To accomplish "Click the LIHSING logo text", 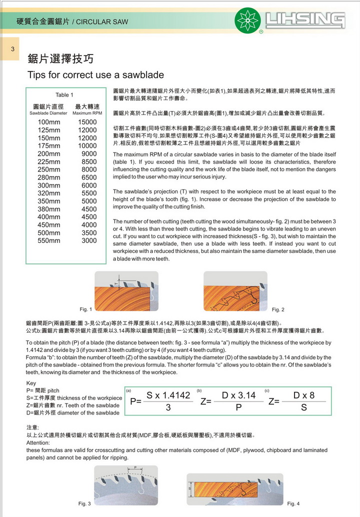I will coord(305,20).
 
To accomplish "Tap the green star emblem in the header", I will coord(248,20).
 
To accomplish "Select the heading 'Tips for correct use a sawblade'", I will coord(95,75).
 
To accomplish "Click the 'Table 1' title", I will coord(64,95).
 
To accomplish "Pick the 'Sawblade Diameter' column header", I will coord(48,113).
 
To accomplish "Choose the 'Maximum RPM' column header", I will coord(87,113).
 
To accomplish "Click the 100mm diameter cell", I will coord(49,122).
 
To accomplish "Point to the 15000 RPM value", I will coord(87,122).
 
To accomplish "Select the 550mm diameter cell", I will coord(49,240).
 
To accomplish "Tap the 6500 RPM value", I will coord(89,177).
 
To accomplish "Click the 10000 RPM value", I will coord(87,146).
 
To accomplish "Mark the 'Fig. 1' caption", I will coord(86,309).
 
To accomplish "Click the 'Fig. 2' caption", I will coord(278,309).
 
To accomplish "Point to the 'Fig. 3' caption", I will coord(84,503).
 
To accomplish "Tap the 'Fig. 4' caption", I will coord(293,503).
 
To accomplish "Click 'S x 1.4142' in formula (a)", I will coord(168,395).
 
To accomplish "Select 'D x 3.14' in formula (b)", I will coord(239,395).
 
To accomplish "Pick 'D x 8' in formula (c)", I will coord(304,395).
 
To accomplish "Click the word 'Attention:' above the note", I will coord(38,443).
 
